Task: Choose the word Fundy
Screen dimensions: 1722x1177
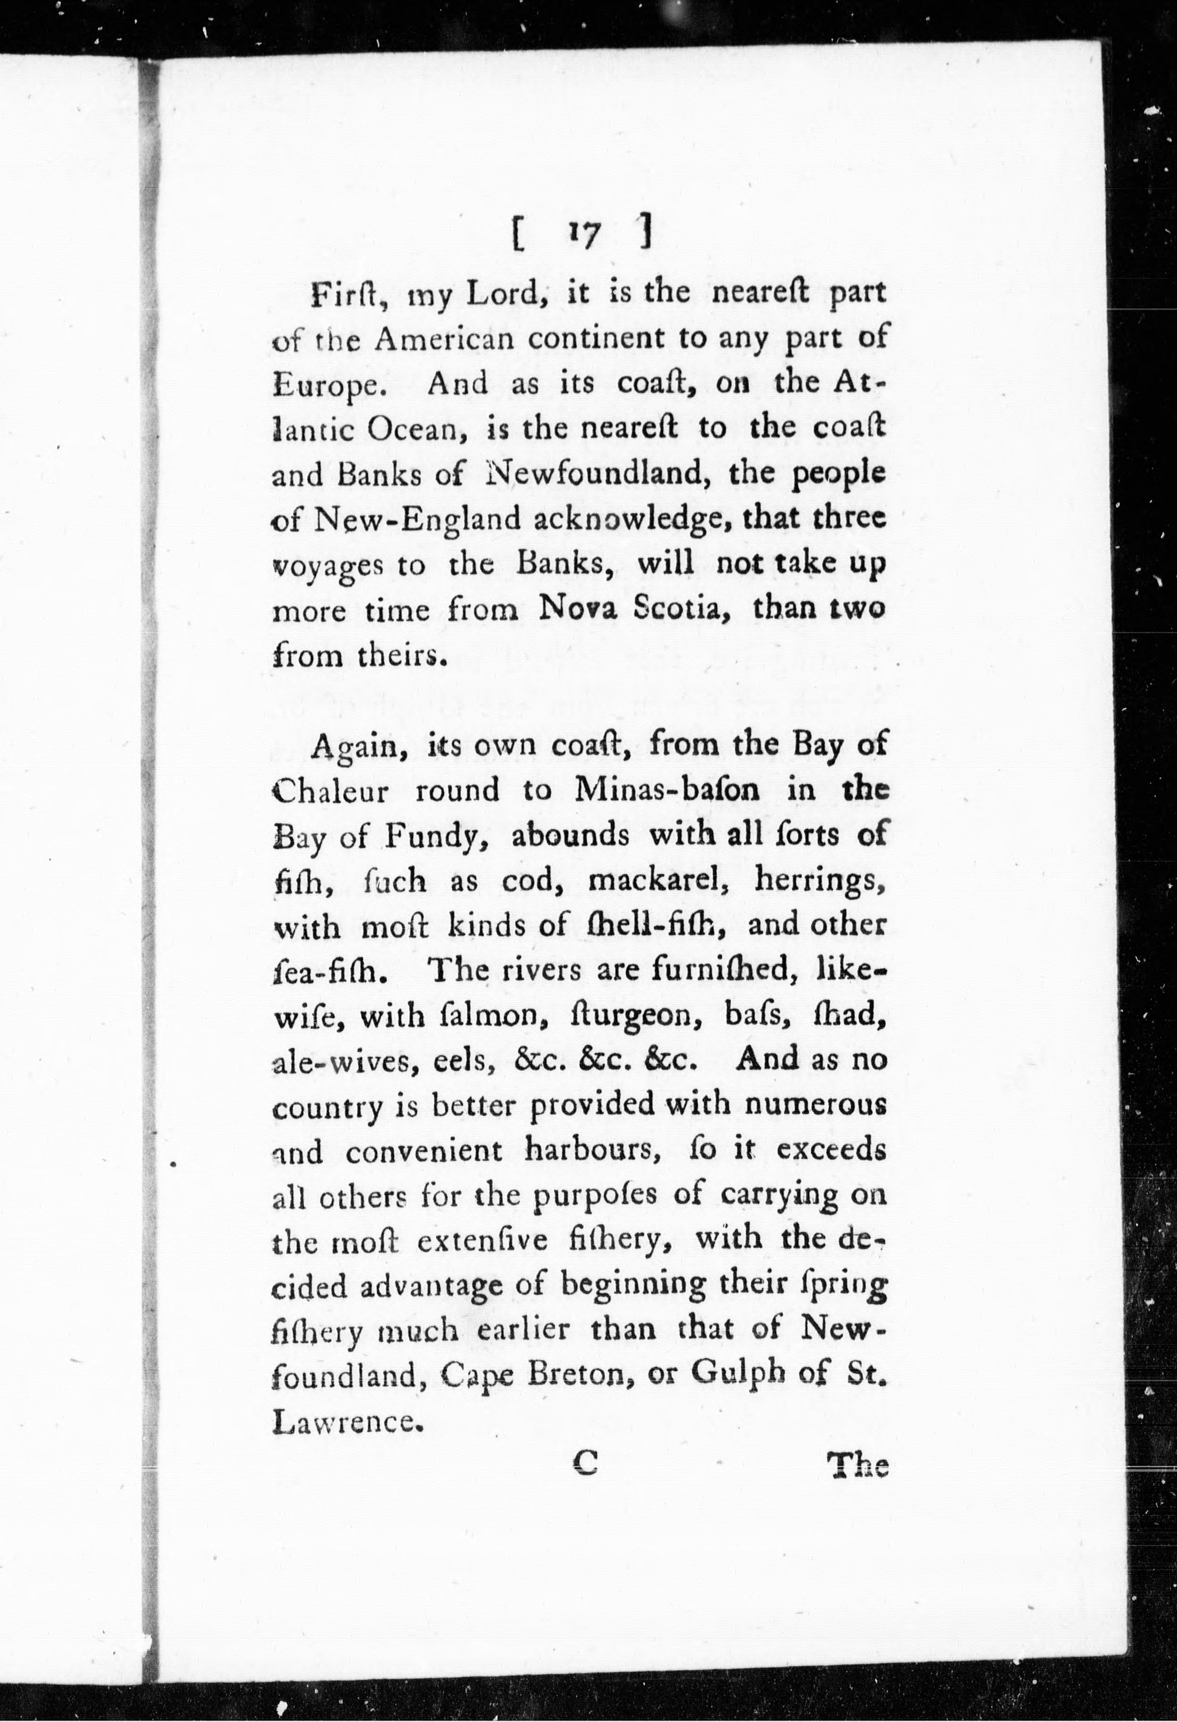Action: [x=435, y=836]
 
